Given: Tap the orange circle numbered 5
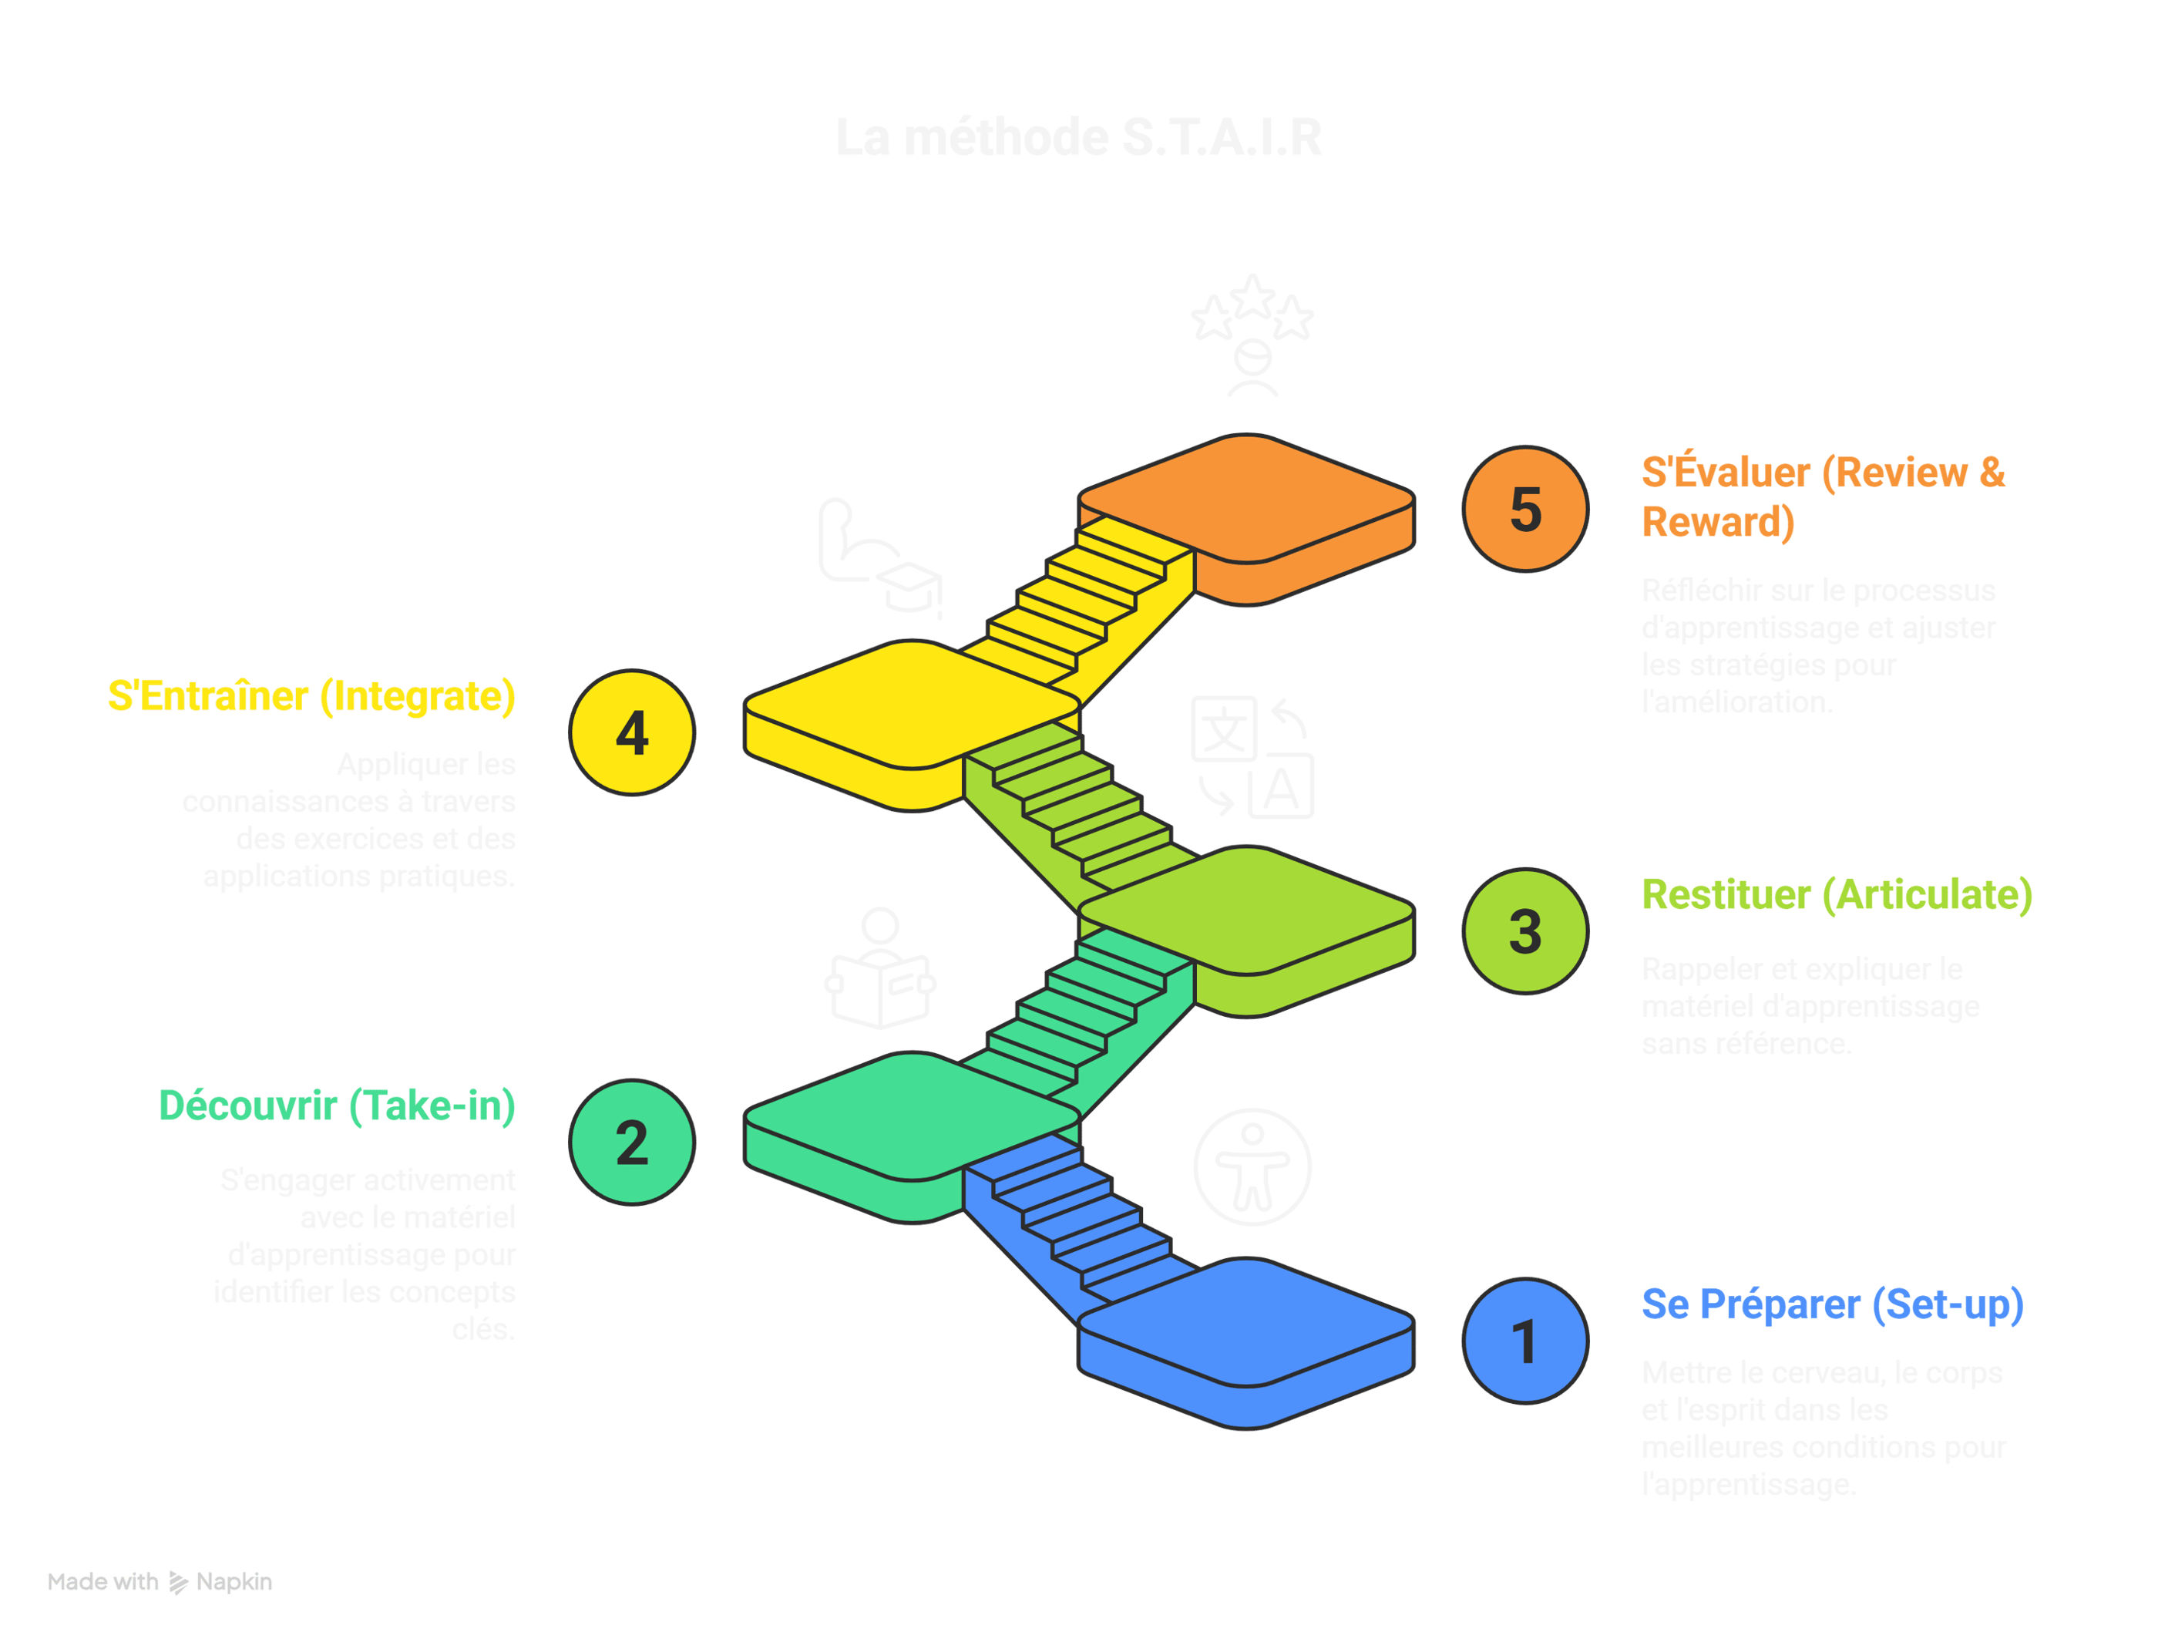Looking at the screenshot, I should [1524, 508].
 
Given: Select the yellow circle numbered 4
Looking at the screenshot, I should [632, 732].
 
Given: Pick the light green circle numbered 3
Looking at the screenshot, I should [1524, 931].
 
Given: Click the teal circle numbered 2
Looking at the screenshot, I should [632, 1143].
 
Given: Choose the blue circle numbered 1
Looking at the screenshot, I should [1524, 1341].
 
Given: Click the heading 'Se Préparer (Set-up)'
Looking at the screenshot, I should [1831, 1304].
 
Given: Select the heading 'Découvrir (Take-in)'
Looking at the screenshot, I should [337, 1106].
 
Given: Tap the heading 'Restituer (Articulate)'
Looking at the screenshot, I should [1836, 894].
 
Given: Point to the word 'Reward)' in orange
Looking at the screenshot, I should [1717, 522].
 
